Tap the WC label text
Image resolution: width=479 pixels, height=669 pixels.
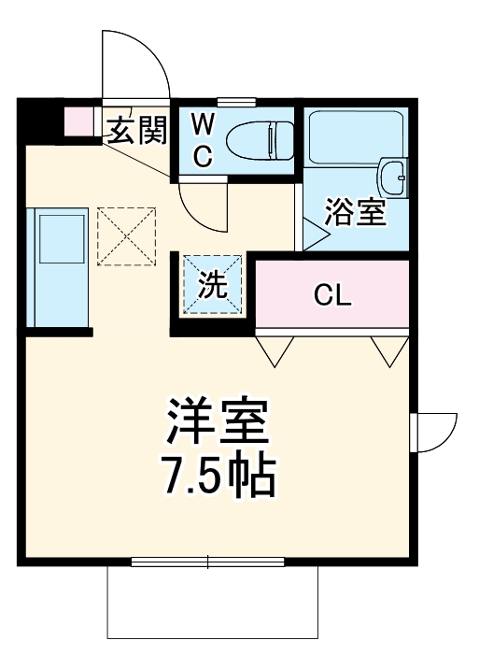[x=204, y=139]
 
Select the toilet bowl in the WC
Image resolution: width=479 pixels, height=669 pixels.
[x=257, y=140]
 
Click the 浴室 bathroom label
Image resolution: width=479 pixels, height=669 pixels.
[x=355, y=212]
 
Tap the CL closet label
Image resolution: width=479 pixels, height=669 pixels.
[x=332, y=297]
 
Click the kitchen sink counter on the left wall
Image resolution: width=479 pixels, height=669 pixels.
[x=58, y=267]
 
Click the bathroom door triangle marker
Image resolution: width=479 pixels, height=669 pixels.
[x=312, y=233]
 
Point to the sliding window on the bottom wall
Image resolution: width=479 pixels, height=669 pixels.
[x=207, y=562]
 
